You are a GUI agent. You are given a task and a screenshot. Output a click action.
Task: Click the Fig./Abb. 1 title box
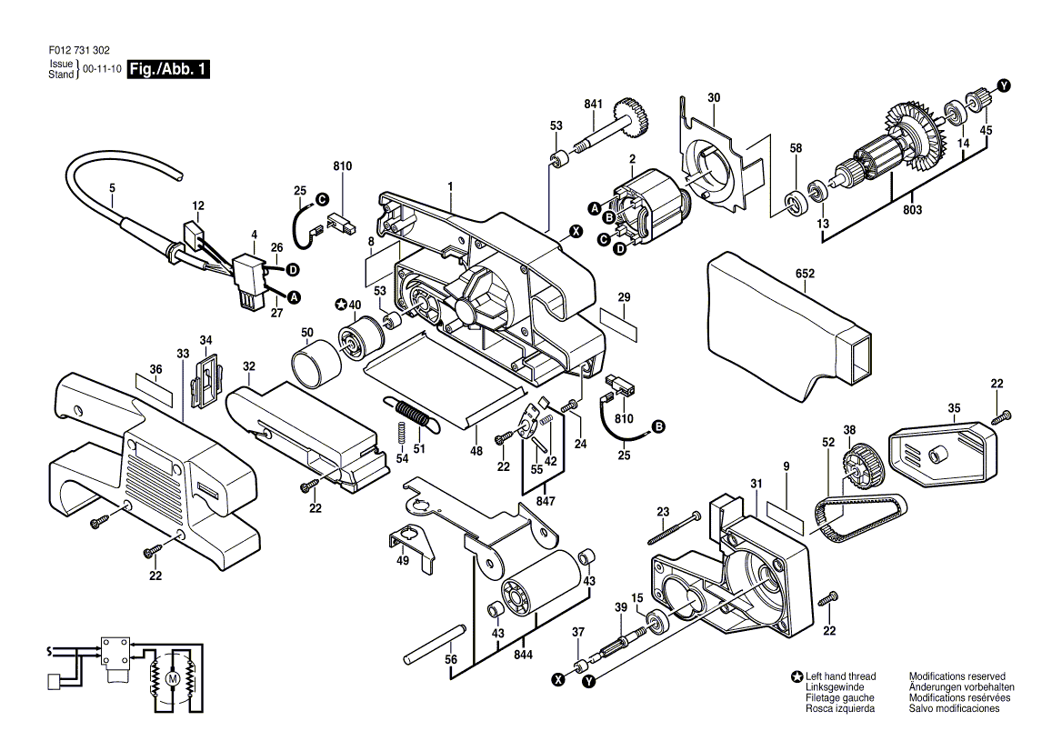[x=168, y=69]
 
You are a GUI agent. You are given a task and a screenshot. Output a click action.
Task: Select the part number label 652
[x=806, y=274]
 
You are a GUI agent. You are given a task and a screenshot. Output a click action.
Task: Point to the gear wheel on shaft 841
[x=632, y=117]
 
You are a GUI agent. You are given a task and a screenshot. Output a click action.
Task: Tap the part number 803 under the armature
[x=912, y=210]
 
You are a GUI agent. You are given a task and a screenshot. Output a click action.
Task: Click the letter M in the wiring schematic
[x=172, y=679]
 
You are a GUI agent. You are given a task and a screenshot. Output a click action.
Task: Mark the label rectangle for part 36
[x=155, y=390]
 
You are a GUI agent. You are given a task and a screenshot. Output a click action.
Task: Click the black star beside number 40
[x=342, y=305]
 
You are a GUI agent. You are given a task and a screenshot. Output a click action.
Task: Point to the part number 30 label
[x=714, y=98]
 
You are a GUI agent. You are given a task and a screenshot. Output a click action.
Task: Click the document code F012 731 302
[x=79, y=50]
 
